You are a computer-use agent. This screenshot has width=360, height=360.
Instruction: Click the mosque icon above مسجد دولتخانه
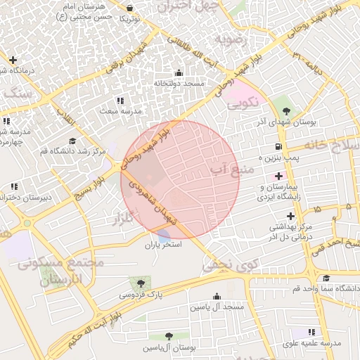coord(179,72)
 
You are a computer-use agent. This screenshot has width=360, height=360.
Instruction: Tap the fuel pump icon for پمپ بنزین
coord(279,147)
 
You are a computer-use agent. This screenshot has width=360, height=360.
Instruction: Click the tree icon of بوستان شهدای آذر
coord(285,110)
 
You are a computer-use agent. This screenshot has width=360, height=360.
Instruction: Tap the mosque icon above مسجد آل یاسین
coord(217,296)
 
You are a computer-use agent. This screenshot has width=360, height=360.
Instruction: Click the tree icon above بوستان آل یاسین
coord(169,336)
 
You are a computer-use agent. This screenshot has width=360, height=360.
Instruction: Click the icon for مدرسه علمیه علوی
coord(312,331)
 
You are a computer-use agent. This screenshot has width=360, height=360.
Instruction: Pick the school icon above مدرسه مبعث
coord(120,101)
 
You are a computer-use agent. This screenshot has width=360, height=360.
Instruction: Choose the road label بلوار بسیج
coord(91,188)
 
